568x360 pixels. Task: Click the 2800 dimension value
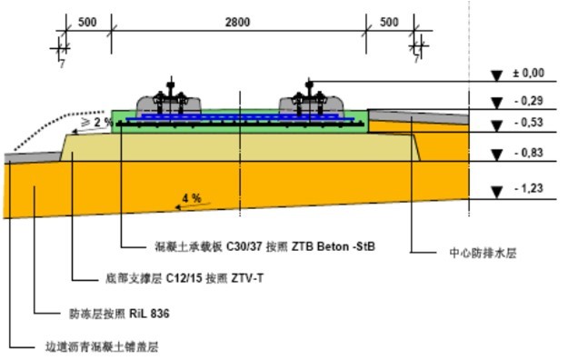(x=239, y=21)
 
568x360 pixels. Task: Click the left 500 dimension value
(x=87, y=21)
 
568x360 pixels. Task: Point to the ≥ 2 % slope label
(x=97, y=122)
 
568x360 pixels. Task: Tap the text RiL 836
(x=150, y=314)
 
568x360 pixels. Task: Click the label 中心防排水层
(x=484, y=252)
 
